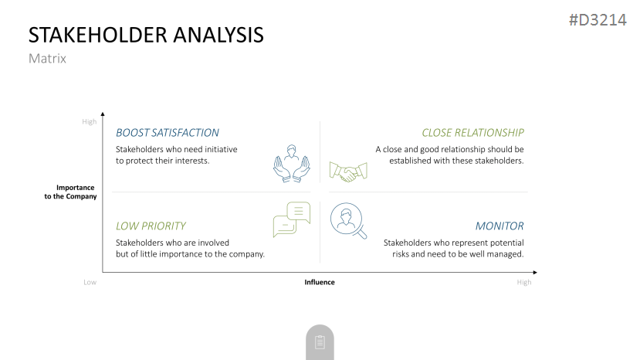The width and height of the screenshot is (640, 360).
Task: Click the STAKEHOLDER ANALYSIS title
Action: click(x=146, y=35)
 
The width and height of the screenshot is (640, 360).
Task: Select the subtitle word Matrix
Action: click(x=47, y=59)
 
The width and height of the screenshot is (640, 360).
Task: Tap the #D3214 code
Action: click(x=598, y=20)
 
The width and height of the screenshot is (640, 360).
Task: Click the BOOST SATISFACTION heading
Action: click(x=168, y=133)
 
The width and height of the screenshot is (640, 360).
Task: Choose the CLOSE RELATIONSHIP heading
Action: click(x=472, y=133)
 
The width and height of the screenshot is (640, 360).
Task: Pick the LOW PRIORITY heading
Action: click(x=151, y=226)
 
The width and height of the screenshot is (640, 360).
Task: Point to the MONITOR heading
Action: click(x=499, y=226)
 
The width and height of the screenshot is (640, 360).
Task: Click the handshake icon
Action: click(x=348, y=172)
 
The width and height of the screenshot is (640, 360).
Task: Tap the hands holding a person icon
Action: click(x=291, y=164)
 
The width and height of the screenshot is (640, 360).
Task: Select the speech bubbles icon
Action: click(x=291, y=219)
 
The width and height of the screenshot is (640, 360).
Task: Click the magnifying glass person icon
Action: click(x=348, y=221)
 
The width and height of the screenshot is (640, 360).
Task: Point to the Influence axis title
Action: click(x=320, y=283)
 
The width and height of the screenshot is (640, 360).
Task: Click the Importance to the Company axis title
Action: click(x=70, y=192)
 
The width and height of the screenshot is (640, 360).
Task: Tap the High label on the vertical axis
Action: click(x=90, y=122)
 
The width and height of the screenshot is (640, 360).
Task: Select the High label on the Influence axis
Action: click(x=524, y=283)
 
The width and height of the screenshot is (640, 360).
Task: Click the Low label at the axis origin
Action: click(x=90, y=283)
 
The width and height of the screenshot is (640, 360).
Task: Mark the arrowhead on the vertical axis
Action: click(x=103, y=114)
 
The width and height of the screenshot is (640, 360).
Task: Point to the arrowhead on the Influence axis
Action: click(x=535, y=272)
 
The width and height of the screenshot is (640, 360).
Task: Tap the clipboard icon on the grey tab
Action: click(x=320, y=342)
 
